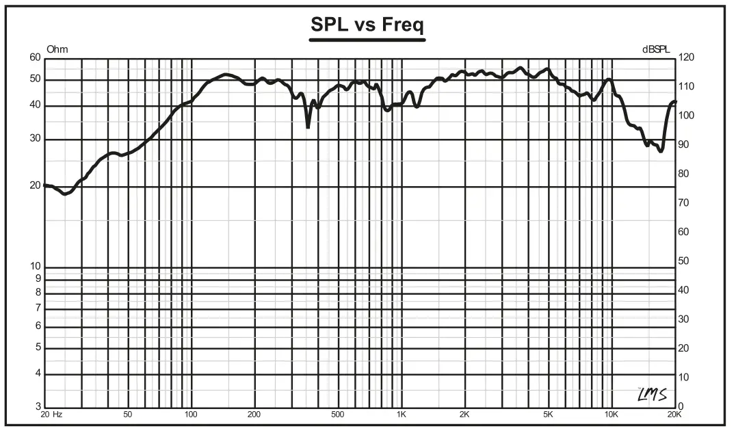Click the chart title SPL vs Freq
[x=367, y=25]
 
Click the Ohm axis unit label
[x=57, y=49]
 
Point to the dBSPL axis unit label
[x=656, y=49]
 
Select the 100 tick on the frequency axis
[x=191, y=415]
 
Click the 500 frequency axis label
[x=337, y=415]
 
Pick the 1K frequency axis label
[x=402, y=415]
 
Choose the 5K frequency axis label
[x=548, y=415]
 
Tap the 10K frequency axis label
[x=611, y=415]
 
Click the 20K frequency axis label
[x=674, y=415]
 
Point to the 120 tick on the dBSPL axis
[x=686, y=58]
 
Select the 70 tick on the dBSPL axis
[x=684, y=203]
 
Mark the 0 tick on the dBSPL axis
[x=681, y=407]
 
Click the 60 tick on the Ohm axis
[x=36, y=58]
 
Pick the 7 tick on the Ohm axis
[x=38, y=309]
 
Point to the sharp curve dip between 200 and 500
[x=308, y=127]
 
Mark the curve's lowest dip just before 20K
[x=661, y=150]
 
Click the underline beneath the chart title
[x=367, y=40]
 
